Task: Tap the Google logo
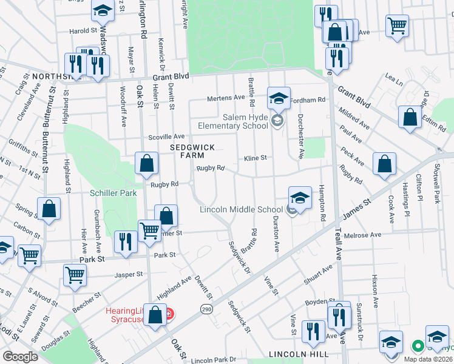point(20,356)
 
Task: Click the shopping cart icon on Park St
point(75,274)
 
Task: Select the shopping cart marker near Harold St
point(397,25)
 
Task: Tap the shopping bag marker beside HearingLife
point(155,315)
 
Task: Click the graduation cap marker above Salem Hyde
point(278,97)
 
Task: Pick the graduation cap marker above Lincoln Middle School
point(299,197)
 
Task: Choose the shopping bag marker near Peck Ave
point(385,163)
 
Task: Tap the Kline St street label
point(256,158)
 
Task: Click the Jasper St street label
point(130,274)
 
